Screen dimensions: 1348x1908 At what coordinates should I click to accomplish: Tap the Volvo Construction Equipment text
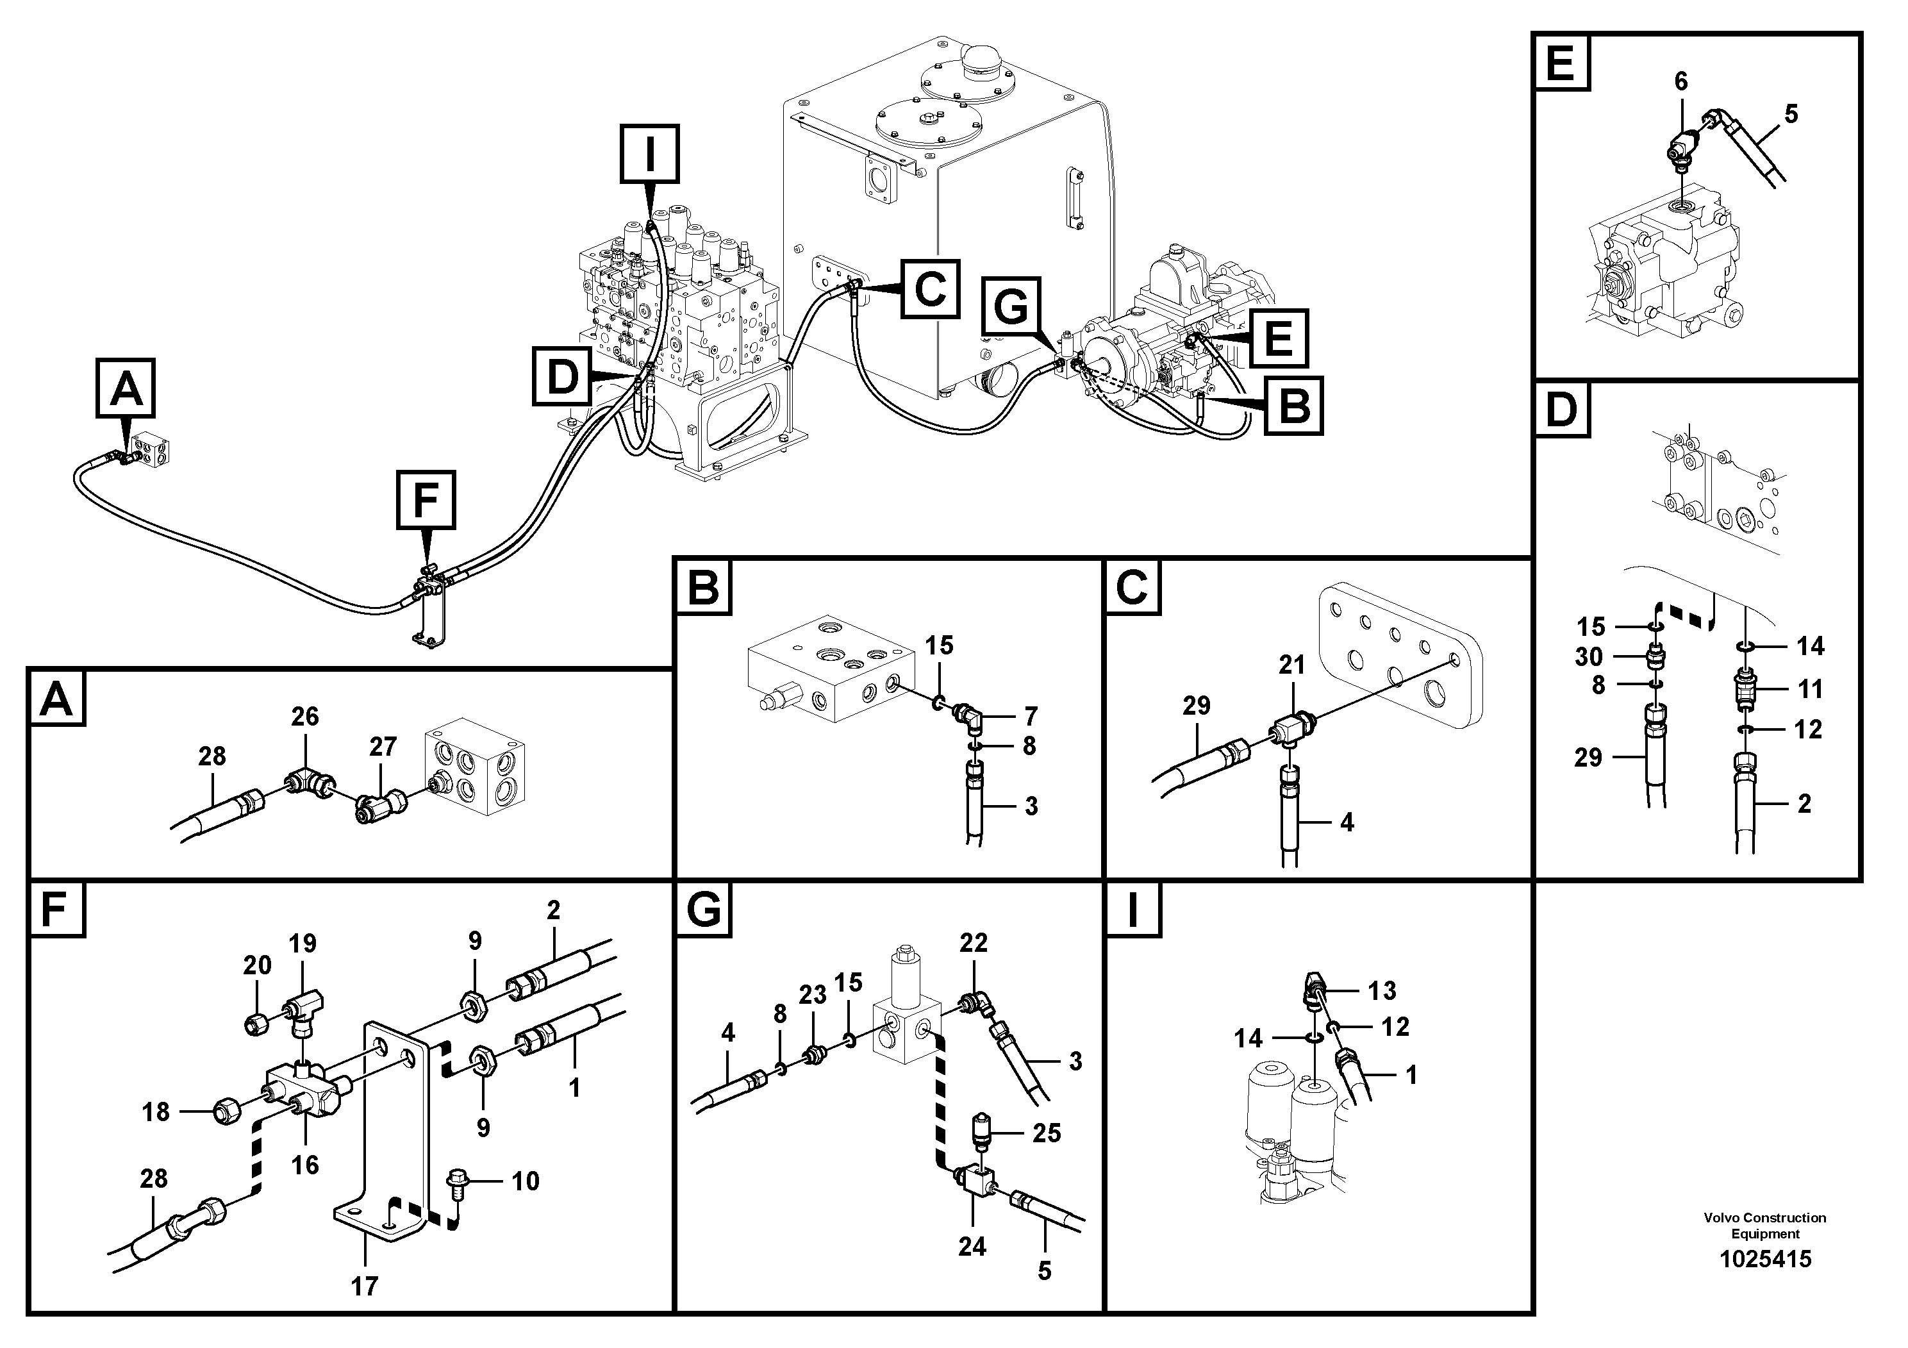coord(1764,1225)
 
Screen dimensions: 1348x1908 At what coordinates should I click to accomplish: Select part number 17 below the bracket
coord(364,1287)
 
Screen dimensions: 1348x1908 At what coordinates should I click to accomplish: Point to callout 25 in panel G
coord(1046,1133)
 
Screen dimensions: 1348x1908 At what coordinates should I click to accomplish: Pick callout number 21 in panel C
coord(1291,665)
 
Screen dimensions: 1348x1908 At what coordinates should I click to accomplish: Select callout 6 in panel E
coord(1680,81)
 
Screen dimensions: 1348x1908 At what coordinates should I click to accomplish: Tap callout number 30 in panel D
coord(1588,658)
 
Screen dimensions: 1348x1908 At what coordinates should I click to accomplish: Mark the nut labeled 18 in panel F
coord(227,1110)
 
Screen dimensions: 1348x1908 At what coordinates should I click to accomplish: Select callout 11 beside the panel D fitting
coord(1810,689)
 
